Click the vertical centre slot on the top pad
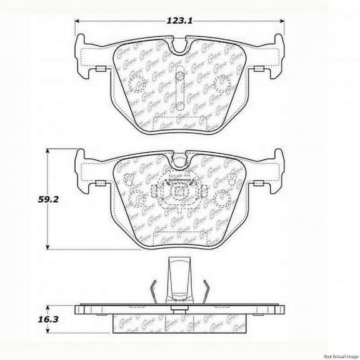[180, 88]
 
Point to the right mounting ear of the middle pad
[273, 169]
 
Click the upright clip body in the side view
[181, 278]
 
